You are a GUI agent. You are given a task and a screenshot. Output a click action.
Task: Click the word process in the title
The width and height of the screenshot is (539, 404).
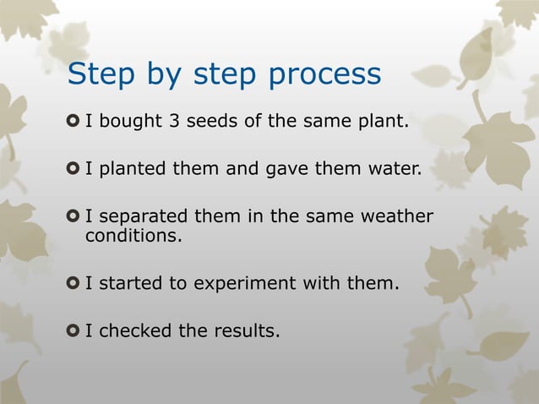[324, 76]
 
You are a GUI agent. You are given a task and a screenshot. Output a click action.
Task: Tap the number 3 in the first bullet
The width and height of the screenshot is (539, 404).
[173, 122]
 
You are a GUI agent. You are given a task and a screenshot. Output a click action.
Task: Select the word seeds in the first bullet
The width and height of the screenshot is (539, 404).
[211, 122]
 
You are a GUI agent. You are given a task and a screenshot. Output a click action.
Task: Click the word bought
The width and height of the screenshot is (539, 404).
[134, 123]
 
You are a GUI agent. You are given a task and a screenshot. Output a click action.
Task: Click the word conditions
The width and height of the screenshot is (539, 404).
[133, 236]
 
